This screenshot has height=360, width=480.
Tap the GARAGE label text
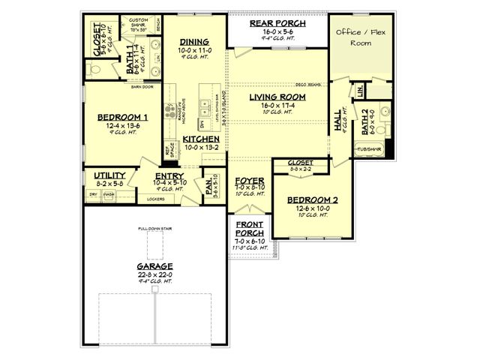[x=154, y=265]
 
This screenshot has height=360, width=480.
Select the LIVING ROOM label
[x=277, y=97]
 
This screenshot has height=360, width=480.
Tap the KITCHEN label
[x=201, y=139]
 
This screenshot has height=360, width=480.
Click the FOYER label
[x=249, y=181]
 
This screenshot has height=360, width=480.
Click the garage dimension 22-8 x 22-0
[x=154, y=274]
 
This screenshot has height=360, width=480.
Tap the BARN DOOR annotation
[x=142, y=87]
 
